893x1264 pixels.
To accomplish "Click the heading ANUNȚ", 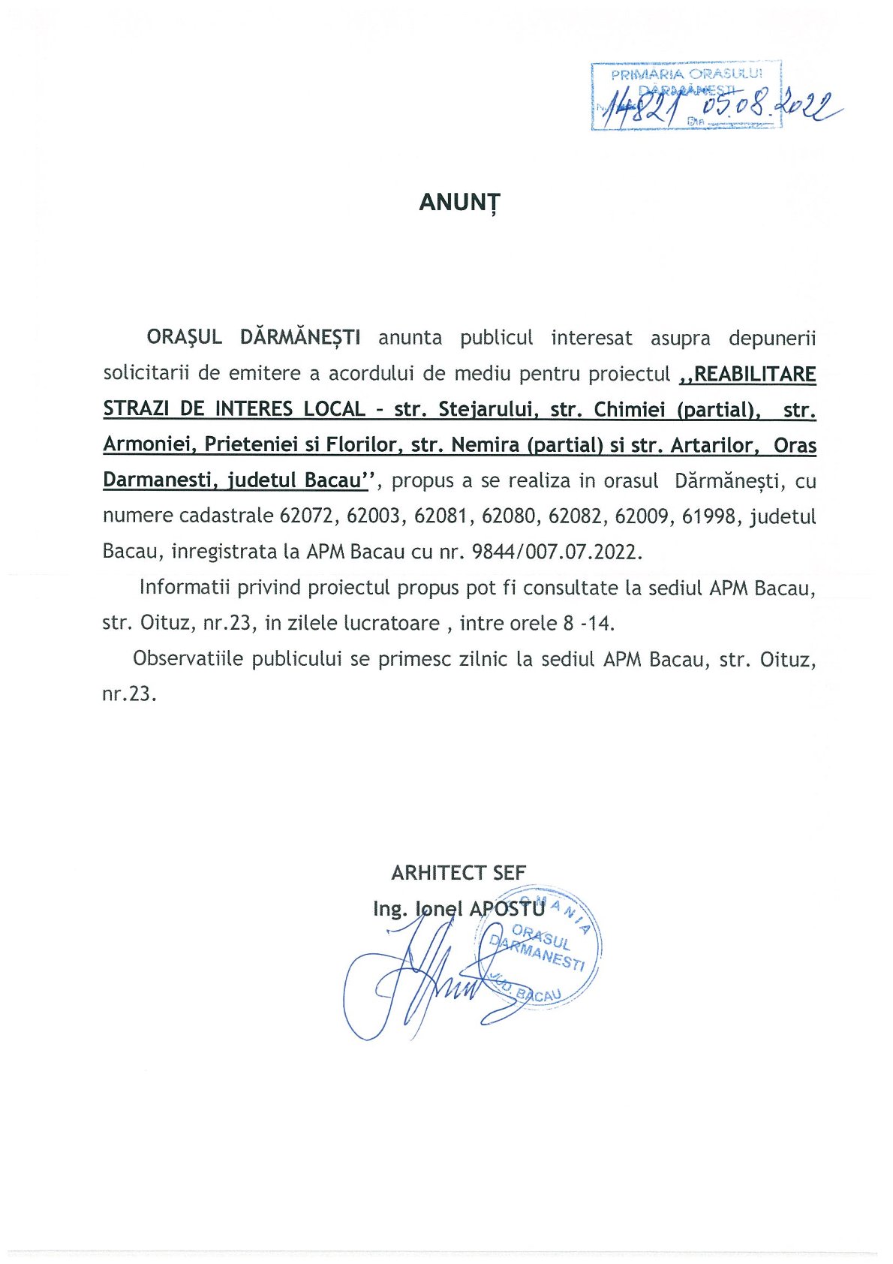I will [459, 203].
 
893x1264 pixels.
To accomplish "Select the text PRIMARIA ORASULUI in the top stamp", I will [686, 74].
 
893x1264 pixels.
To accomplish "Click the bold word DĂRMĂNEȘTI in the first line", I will [300, 337].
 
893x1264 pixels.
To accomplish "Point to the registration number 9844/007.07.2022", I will [557, 552].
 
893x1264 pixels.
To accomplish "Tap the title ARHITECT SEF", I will [459, 872].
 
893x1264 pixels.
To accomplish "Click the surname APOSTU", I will [507, 908].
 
